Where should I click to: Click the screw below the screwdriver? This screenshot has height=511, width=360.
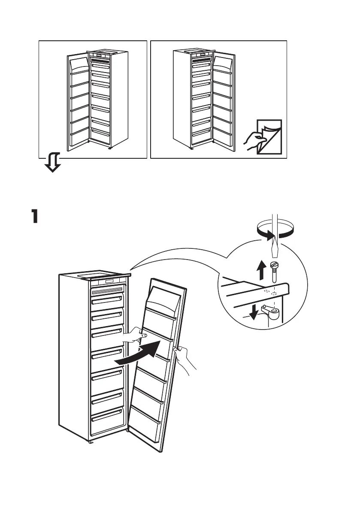pos(275,275)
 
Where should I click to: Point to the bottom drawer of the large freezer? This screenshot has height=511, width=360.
pos(108,421)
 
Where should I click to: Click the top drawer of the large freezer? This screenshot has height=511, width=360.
pos(108,299)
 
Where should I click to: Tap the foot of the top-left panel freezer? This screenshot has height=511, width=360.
pos(109,148)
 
